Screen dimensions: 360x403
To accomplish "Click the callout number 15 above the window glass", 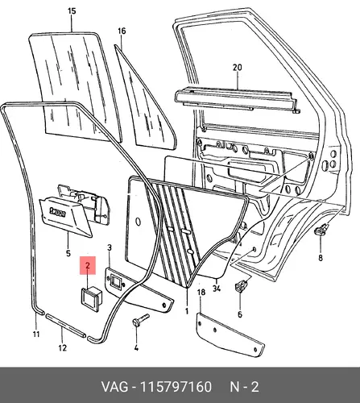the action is pos(72,11).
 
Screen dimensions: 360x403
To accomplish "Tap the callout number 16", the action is pos(122,31).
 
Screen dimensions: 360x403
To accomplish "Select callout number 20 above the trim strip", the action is pos(238,68).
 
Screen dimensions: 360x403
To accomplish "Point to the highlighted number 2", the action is pos(88,265).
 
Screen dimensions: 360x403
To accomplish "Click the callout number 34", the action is pos(217,289).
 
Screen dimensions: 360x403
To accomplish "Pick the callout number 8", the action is pos(321,258).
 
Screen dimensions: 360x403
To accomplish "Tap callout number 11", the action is pos(36,334).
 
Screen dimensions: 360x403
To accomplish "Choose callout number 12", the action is pos(62,348).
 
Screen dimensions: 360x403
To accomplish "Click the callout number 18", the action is pos(201,293).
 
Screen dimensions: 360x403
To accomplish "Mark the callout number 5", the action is pos(68,253).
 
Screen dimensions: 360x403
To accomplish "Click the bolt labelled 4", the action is pos(140,320).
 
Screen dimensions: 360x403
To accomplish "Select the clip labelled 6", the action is pos(241,286).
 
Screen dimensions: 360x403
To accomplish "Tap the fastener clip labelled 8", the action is pos(321,230).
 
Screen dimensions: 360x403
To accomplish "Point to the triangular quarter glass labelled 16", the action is pos(146,100).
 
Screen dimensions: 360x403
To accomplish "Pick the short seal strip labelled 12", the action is pos(66,325).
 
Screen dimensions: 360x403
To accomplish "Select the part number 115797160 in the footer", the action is pos(176,387).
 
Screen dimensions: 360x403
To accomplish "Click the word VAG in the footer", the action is pos(114,387).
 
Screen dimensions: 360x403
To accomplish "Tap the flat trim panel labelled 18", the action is pos(230,335).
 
